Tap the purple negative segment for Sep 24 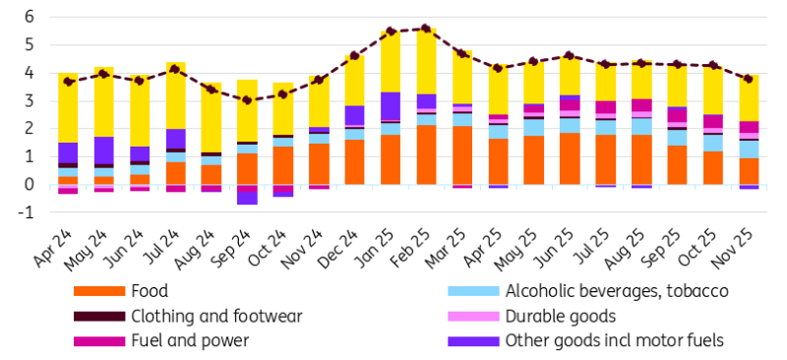pos(246,195)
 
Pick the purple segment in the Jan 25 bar pos(390,106)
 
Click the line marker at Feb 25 pos(425,29)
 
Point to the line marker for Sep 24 pos(246,100)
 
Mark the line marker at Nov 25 pos(749,79)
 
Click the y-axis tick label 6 pos(30,17)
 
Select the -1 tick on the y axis pos(28,212)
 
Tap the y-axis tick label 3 pos(30,100)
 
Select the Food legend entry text pos(149,291)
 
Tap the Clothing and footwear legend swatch pos(99,317)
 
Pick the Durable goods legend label pos(560,317)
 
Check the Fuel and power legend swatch pos(99,341)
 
